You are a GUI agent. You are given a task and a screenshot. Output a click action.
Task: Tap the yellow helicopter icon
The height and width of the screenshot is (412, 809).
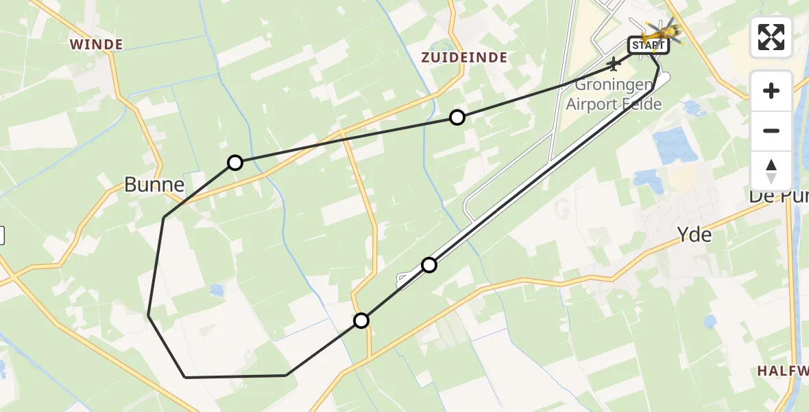coord(662,30)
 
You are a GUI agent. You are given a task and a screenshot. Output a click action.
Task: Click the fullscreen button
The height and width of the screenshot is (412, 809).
coord(771,37)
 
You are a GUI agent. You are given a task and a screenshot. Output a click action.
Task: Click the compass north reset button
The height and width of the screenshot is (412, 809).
coord(771,171)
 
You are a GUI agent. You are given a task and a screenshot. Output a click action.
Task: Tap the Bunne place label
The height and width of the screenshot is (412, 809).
coord(154,184)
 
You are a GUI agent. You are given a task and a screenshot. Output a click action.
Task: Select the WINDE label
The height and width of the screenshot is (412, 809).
coord(96,45)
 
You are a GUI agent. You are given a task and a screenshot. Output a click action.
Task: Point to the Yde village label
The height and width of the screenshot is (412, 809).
coord(694,235)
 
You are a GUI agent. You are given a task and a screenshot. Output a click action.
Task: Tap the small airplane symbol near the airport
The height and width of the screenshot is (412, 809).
coord(614,65)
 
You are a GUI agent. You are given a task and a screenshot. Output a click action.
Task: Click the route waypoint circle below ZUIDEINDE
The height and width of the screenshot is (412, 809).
coord(457,117)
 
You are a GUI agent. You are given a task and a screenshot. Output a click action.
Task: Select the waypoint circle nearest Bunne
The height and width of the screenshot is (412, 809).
coord(235,163)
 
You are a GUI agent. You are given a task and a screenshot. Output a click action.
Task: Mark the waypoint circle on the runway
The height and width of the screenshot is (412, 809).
coord(429,264)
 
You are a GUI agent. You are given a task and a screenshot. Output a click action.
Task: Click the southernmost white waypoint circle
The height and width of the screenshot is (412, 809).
coord(361,320)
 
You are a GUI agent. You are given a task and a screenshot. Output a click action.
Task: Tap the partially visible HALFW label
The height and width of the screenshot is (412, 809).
coord(783,371)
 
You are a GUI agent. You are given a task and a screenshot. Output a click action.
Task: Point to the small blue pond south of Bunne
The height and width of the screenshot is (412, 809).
coord(217,290)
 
